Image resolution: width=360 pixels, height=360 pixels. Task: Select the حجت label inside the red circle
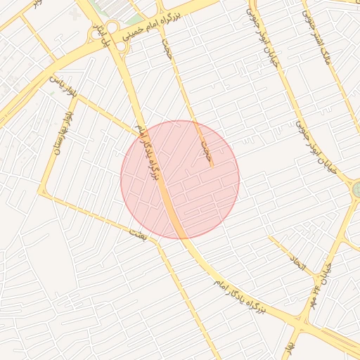pos(206,150)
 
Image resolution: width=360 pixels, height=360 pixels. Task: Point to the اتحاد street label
pos(297,265)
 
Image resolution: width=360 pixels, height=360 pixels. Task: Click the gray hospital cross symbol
pos(76,13)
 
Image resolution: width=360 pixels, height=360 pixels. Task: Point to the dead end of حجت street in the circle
pos(211,167)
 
